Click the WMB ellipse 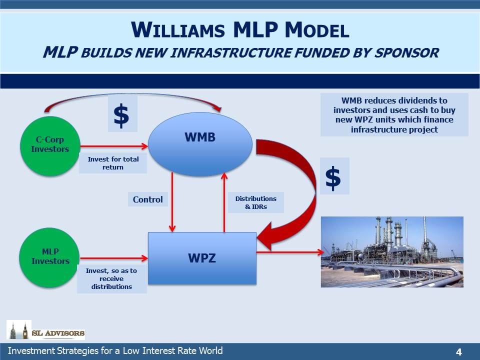click(x=200, y=144)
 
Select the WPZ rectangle click(x=202, y=258)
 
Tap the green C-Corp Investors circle click(x=50, y=146)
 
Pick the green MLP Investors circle click(x=49, y=258)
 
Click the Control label click(x=148, y=199)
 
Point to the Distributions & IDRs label click(x=256, y=202)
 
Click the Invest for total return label click(x=113, y=163)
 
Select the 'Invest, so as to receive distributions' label click(x=111, y=278)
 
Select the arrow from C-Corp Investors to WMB click(x=114, y=146)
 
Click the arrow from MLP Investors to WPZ click(x=114, y=258)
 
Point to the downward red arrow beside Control click(x=172, y=202)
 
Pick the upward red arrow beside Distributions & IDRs click(x=224, y=202)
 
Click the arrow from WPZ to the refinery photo click(x=290, y=252)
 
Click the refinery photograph click(x=392, y=252)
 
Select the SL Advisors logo click(x=45, y=330)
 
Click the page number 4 click(x=458, y=351)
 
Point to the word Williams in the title click(x=178, y=30)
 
